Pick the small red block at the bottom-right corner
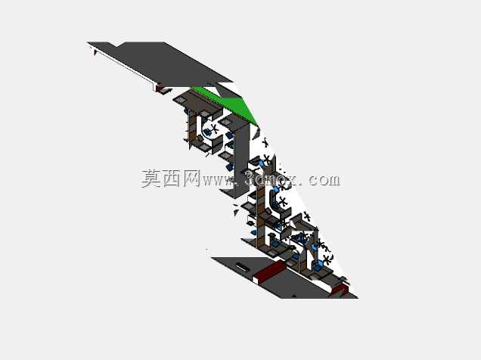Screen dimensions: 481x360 point(340,290)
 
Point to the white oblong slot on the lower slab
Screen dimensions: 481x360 point(243,266)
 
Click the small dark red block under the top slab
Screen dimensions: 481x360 point(160,88)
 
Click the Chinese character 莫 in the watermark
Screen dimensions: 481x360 point(151,178)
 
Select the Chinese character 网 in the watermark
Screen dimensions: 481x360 point(191,178)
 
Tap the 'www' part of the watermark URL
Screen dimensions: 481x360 point(216,181)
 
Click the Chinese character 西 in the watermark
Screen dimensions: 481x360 point(172,178)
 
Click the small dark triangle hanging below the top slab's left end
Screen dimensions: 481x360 point(95,53)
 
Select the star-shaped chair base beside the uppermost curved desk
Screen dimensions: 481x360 point(214,128)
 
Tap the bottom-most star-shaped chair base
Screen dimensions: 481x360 point(327,259)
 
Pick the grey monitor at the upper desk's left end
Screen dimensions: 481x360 point(181,100)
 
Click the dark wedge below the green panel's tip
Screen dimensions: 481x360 point(256,133)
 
